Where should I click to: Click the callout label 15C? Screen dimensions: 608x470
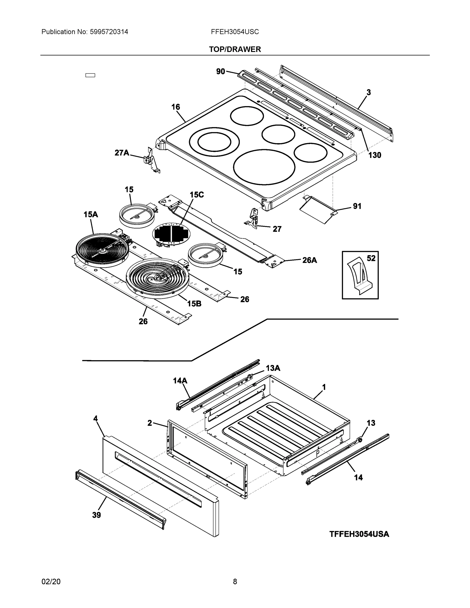(x=197, y=195)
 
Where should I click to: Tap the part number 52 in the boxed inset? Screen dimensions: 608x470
(x=371, y=258)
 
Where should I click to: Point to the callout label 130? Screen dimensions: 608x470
(x=374, y=155)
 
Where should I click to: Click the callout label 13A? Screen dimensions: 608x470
(x=273, y=368)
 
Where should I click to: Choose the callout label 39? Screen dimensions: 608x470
(x=96, y=515)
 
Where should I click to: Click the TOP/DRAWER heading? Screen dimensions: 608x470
(x=235, y=49)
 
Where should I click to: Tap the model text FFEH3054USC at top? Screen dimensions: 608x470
(x=235, y=32)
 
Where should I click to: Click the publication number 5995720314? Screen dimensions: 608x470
(x=109, y=32)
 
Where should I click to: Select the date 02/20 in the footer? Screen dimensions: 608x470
(x=51, y=582)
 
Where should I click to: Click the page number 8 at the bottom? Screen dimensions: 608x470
(x=235, y=582)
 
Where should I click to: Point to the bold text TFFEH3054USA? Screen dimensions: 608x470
(x=359, y=534)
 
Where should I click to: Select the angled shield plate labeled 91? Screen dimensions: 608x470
(x=317, y=210)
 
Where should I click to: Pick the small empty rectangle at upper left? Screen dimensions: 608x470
(x=90, y=75)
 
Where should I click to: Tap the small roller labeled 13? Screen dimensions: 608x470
(x=360, y=440)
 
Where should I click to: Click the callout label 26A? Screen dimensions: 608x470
(x=309, y=260)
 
